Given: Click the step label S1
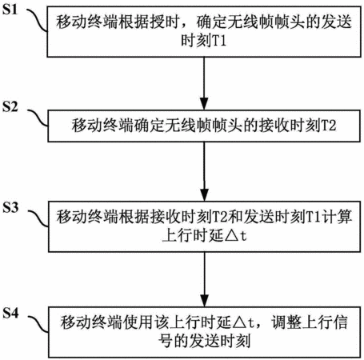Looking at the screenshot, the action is coord(10,10).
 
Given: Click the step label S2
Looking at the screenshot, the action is coord(10,106).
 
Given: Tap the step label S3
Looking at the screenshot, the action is coord(10,207).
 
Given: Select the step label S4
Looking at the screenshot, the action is coord(10,313).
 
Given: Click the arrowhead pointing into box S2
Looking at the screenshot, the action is coord(204,103).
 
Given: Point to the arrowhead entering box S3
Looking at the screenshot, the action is coord(204,194).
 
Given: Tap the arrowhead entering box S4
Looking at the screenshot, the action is coord(205,301).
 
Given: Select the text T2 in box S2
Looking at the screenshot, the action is coord(328,126).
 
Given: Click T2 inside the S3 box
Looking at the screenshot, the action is coord(220,217).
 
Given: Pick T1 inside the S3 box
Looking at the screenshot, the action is coord(313,217).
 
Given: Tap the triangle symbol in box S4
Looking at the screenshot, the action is coord(239,323).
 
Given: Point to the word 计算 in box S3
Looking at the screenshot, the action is coord(336,217).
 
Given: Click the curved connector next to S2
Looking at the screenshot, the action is coord(38,118).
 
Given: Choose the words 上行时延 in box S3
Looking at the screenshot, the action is coord(193,236).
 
